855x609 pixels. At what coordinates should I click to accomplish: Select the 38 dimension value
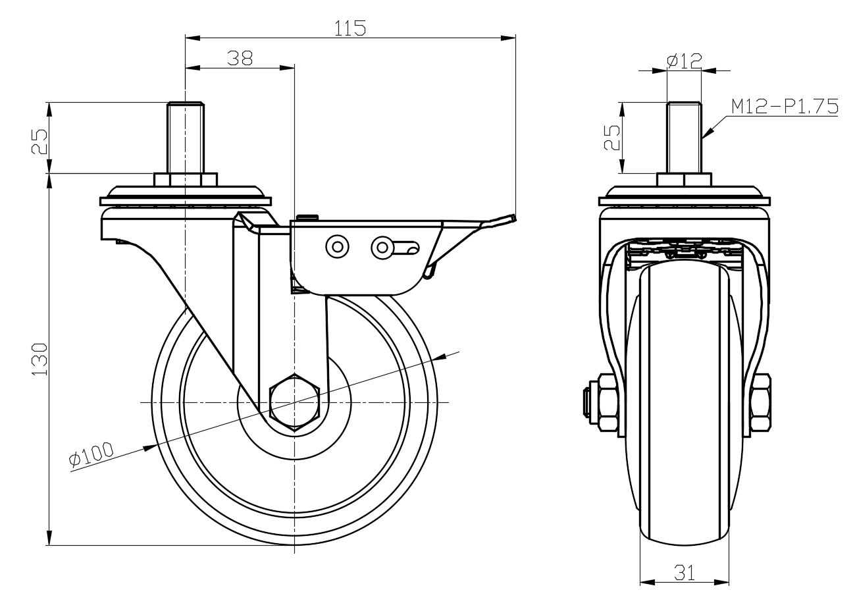[x=240, y=58]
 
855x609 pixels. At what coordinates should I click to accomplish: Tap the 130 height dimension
[x=39, y=359]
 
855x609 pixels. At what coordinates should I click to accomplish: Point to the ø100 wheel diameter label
[x=91, y=455]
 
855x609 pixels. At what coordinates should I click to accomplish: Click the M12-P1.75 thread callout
[x=783, y=107]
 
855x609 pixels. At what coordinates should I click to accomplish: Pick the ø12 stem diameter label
[x=685, y=61]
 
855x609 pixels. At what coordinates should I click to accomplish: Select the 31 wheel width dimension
[x=685, y=572]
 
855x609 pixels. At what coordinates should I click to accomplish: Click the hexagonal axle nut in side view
[x=295, y=402]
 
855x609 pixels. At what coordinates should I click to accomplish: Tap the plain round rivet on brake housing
[x=338, y=247]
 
